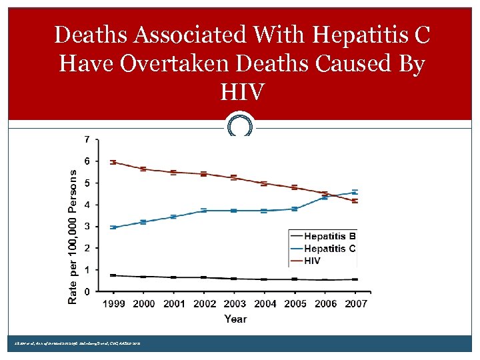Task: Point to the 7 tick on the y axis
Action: (87, 140)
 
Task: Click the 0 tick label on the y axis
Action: (87, 292)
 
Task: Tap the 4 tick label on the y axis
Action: (87, 205)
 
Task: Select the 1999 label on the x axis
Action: (113, 304)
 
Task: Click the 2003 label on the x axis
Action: (235, 304)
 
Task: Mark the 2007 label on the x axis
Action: (355, 304)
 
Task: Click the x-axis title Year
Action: (235, 319)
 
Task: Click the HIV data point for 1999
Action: (113, 162)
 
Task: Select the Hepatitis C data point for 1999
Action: (113, 227)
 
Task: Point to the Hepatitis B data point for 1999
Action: (113, 275)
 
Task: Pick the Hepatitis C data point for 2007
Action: (355, 192)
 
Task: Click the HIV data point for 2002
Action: (204, 174)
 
